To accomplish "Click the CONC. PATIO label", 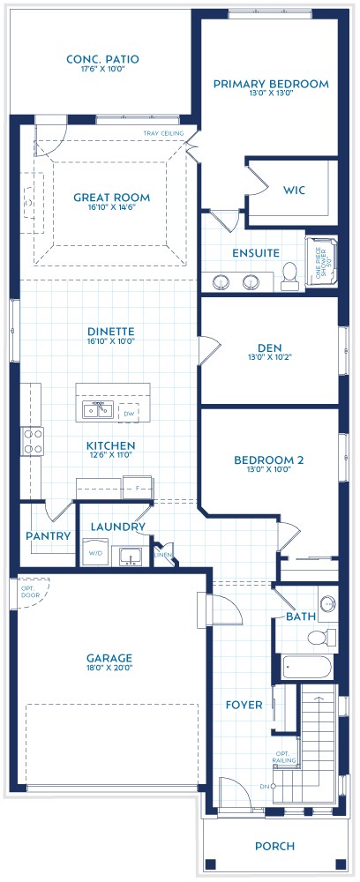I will click(x=102, y=59).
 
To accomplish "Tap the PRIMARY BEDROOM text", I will click(x=271, y=85).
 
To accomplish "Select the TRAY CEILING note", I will click(x=164, y=133).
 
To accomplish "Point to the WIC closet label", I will click(x=294, y=191).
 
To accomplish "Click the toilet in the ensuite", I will click(x=289, y=279).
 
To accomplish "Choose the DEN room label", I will click(x=270, y=347).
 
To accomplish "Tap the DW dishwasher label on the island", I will click(x=129, y=413).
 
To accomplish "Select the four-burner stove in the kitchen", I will click(x=33, y=441).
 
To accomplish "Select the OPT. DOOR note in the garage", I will click(x=31, y=590).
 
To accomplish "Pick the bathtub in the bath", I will click(x=306, y=668).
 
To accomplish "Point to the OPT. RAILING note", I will click(x=285, y=756).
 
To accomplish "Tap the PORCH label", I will click(x=274, y=846).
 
